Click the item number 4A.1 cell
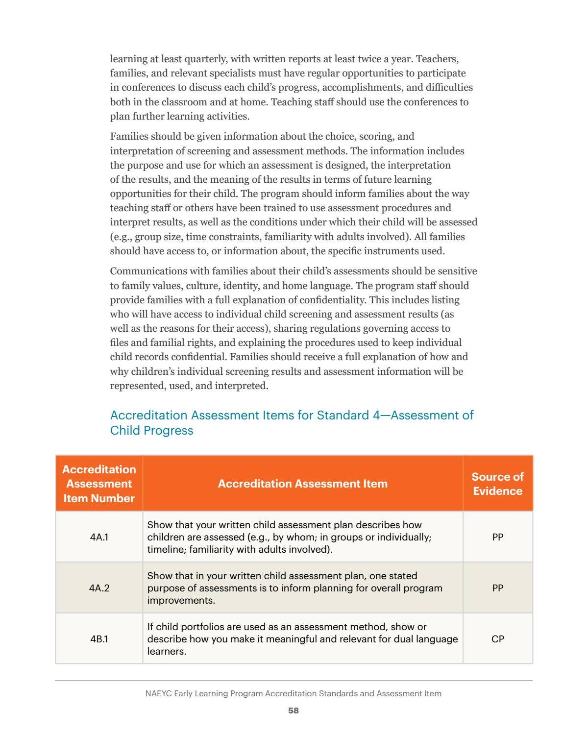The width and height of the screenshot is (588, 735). click(99, 537)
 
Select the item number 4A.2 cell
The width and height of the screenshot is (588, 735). click(99, 588)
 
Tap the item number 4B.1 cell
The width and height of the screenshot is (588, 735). click(99, 639)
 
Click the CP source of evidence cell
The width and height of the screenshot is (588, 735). click(497, 639)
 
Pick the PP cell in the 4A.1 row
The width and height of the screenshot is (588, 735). click(497, 537)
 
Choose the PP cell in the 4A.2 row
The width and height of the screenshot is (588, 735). click(497, 588)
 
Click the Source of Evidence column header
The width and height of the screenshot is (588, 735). click(497, 484)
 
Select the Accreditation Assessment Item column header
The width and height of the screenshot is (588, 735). click(302, 484)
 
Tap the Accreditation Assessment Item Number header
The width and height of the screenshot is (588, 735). click(99, 484)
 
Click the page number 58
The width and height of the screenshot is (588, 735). click(294, 710)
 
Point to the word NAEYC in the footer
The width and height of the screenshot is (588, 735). click(158, 693)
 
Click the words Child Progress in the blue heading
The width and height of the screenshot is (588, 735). click(151, 430)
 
